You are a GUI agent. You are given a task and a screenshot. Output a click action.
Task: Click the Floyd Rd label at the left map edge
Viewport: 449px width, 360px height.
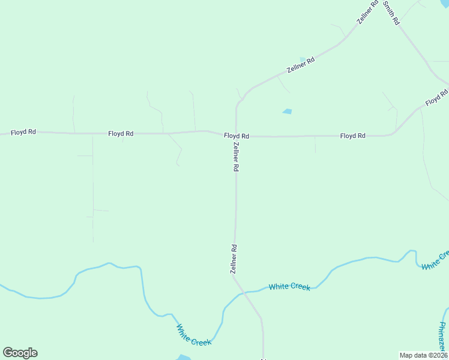pyautogui.click(x=23, y=132)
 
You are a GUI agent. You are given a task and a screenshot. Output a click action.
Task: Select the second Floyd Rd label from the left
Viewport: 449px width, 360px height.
pyautogui.click(x=121, y=134)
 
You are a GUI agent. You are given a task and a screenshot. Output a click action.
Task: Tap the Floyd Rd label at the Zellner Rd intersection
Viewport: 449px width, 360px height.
pyautogui.click(x=237, y=136)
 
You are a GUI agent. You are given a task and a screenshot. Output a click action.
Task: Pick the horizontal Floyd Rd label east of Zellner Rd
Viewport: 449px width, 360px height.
pyautogui.click(x=352, y=136)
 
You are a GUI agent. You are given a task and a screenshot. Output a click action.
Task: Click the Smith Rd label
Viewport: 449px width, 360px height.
pyautogui.click(x=391, y=12)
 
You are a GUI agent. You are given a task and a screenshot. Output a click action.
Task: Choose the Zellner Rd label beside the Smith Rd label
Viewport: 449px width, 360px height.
pyautogui.click(x=367, y=12)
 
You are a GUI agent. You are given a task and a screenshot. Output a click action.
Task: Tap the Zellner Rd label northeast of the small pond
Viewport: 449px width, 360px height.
pyautogui.click(x=301, y=65)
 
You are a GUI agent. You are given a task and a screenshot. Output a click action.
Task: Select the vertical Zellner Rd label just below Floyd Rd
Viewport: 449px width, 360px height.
pyautogui.click(x=237, y=158)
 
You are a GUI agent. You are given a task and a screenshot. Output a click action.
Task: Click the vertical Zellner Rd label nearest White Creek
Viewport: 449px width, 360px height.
pyautogui.click(x=234, y=259)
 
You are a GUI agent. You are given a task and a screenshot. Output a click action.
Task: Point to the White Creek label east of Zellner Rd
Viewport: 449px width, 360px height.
pyautogui.click(x=289, y=287)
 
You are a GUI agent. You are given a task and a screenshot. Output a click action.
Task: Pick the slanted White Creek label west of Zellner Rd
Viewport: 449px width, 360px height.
pyautogui.click(x=193, y=335)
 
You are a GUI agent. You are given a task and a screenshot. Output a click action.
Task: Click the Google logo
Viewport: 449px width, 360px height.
pyautogui.click(x=20, y=353)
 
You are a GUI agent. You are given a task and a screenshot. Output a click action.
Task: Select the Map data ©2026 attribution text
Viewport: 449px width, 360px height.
pyautogui.click(x=423, y=355)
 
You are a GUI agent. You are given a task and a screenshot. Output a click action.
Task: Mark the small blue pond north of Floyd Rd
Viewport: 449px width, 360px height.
pyautogui.click(x=287, y=111)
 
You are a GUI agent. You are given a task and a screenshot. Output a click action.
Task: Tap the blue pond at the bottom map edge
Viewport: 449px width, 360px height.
pyautogui.click(x=184, y=358)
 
